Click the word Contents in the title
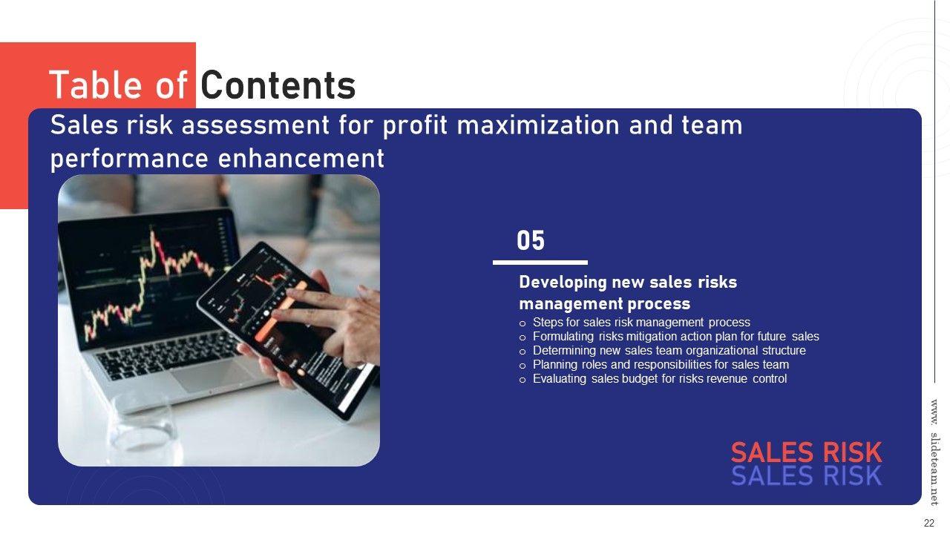click(278, 85)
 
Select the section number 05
click(531, 240)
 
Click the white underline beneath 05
click(540, 263)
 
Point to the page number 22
click(928, 523)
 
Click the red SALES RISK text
click(807, 452)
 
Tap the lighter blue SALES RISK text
click(807, 475)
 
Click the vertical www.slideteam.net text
click(934, 452)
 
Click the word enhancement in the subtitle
click(301, 159)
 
